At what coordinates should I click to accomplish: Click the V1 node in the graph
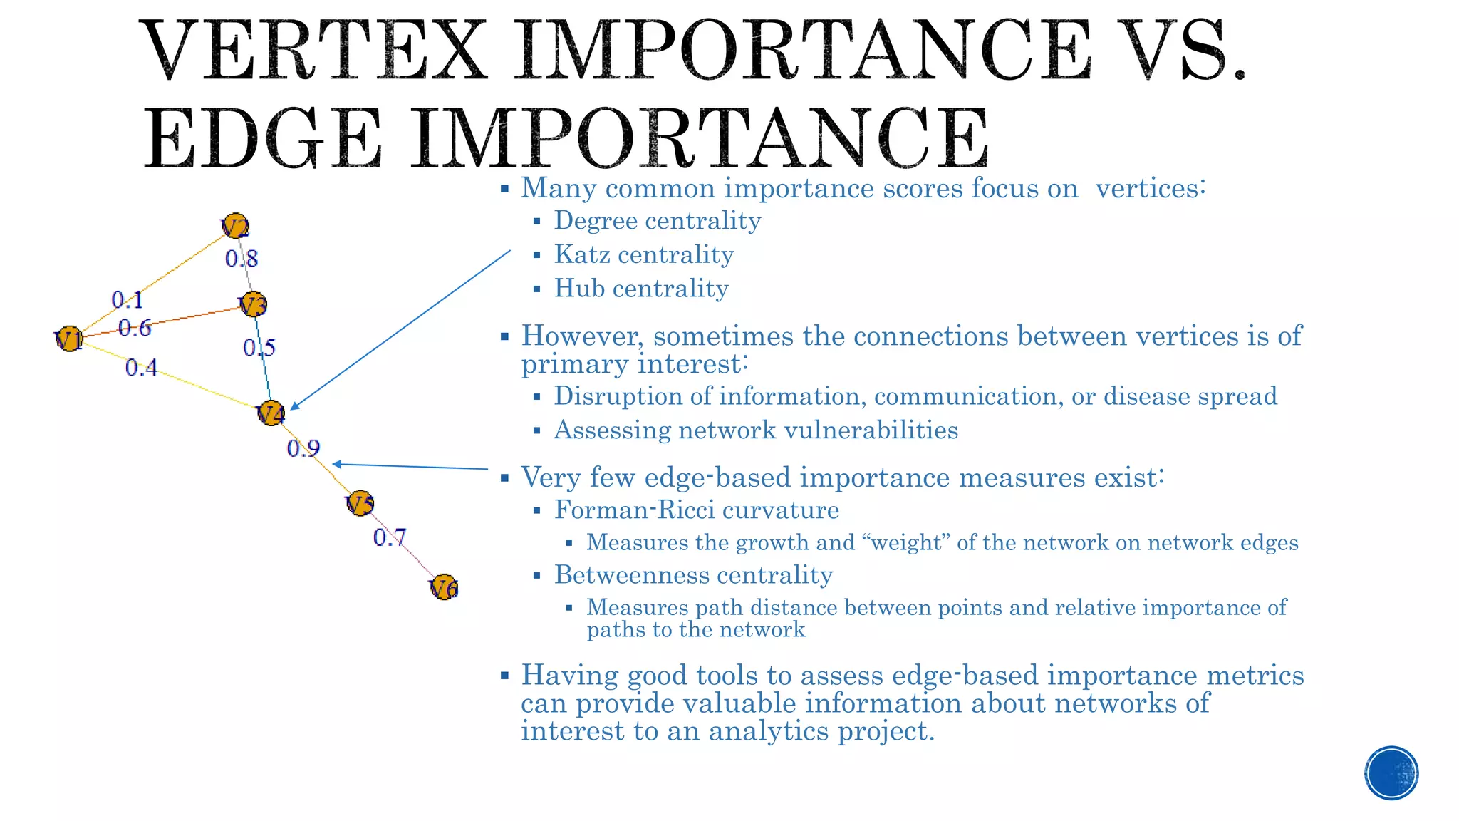[70, 339]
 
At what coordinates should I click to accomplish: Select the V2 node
[235, 227]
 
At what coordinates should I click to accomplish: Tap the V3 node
[253, 305]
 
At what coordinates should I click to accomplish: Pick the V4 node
[271, 413]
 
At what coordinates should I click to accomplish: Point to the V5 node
[360, 503]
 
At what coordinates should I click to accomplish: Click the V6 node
[444, 587]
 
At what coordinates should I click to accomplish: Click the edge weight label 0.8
[242, 259]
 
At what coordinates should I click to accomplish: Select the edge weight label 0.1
[128, 300]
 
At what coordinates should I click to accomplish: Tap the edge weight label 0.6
[135, 328]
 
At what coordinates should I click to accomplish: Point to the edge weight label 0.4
[141, 368]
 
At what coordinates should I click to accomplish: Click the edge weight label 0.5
[259, 348]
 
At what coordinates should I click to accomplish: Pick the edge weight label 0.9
[303, 448]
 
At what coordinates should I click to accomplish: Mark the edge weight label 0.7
[390, 537]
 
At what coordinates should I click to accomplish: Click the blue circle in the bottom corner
[1391, 773]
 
